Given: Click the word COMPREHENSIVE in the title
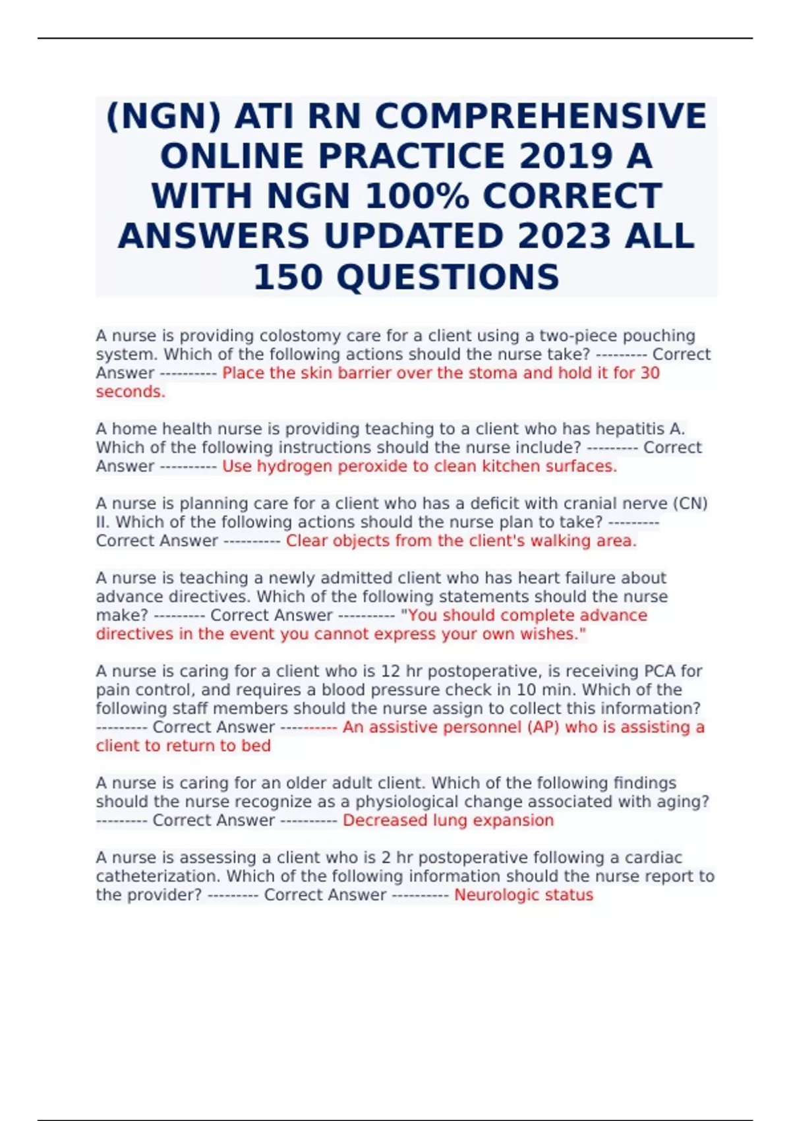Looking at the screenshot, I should [x=541, y=117].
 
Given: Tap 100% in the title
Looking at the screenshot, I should [x=417, y=197].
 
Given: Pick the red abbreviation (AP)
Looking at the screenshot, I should [x=542, y=727].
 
